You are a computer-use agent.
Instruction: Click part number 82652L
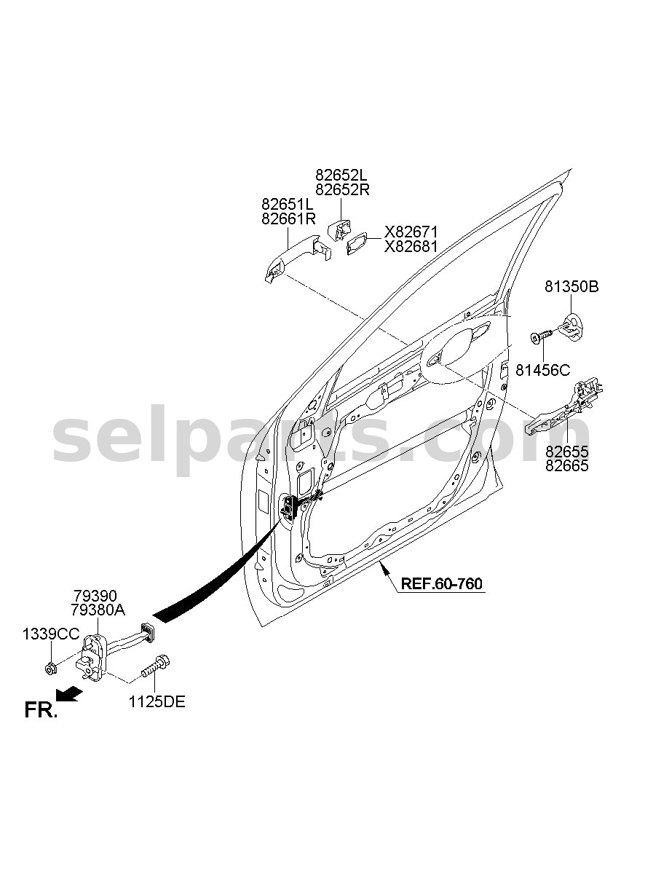pos(341,175)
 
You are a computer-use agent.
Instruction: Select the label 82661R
pos(288,219)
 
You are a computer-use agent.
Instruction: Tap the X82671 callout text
pos(411,232)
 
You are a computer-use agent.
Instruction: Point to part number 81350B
pos(571,287)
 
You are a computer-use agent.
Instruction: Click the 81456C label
pos(542,370)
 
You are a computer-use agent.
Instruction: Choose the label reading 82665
pos(566,466)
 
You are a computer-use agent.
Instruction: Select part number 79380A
pos(98,610)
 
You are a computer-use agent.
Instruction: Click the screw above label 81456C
pos(542,336)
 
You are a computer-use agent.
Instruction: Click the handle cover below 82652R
pos(339,229)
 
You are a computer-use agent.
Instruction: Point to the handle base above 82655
pos(565,407)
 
